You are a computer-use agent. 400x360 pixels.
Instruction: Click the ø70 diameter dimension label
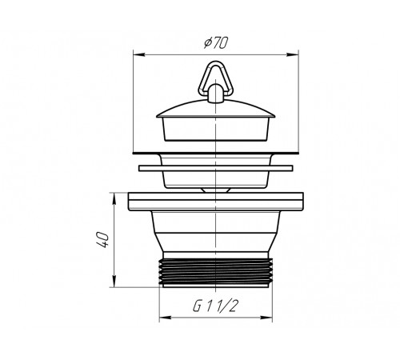(216, 43)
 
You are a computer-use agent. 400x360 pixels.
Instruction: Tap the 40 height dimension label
(102, 240)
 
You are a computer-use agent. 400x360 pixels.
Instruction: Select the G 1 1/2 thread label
(214, 306)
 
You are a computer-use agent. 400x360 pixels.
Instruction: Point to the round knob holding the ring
(215, 93)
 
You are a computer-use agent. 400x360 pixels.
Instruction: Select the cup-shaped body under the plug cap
(215, 129)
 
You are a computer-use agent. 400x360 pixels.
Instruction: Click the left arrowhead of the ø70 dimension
(138, 54)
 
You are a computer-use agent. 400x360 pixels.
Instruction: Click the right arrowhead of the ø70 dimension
(293, 54)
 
